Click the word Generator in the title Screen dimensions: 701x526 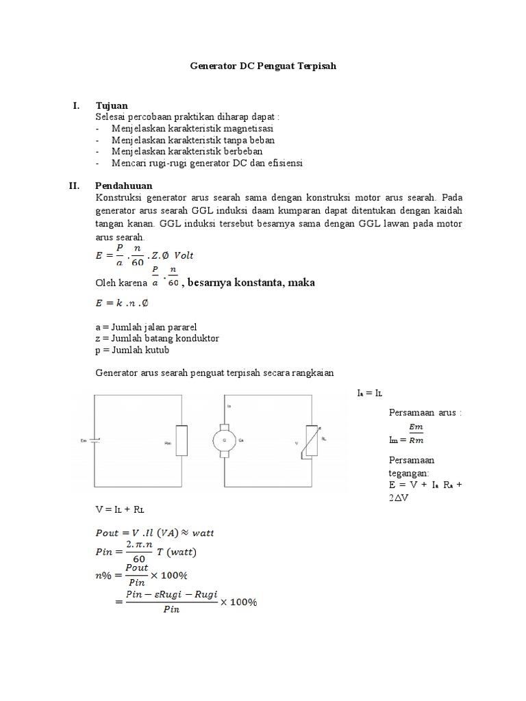click(212, 66)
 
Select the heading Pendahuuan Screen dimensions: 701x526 click(124, 185)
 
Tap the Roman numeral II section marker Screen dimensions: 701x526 click(79, 185)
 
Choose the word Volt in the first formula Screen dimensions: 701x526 click(182, 255)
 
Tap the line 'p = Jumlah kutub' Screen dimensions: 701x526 click(132, 350)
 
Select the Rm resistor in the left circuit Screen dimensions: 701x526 click(181, 442)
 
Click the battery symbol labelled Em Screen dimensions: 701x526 click(95, 441)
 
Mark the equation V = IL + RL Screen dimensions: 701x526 click(121, 511)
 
